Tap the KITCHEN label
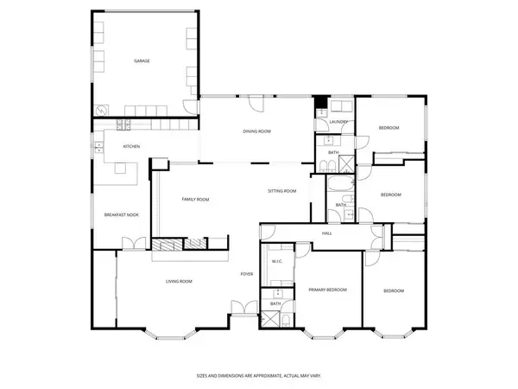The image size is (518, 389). (x=131, y=146)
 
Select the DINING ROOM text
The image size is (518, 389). (x=256, y=131)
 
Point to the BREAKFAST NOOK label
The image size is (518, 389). (x=121, y=214)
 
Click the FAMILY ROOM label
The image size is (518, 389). (x=195, y=199)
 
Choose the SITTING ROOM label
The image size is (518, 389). (x=281, y=190)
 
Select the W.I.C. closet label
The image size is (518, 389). (x=278, y=262)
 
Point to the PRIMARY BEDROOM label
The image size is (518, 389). (x=327, y=290)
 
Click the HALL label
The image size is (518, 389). (x=327, y=233)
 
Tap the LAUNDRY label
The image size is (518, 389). (x=337, y=122)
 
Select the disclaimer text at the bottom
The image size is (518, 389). (x=258, y=376)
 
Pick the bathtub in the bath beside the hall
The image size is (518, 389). (x=338, y=186)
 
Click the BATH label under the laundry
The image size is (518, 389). (x=333, y=153)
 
